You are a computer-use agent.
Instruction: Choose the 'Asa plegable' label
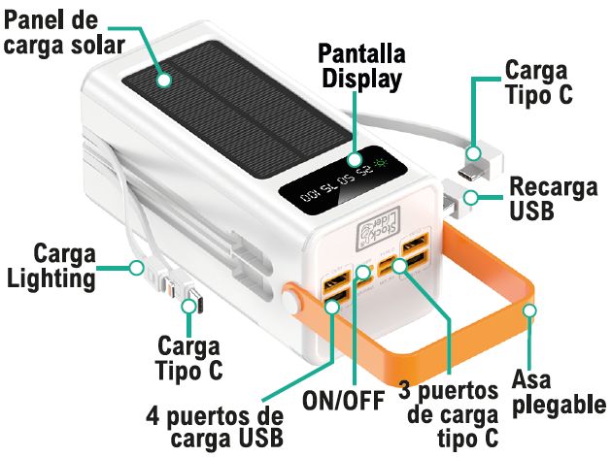559,391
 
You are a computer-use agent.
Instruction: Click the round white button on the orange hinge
290,304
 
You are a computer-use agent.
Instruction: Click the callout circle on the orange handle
529,310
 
